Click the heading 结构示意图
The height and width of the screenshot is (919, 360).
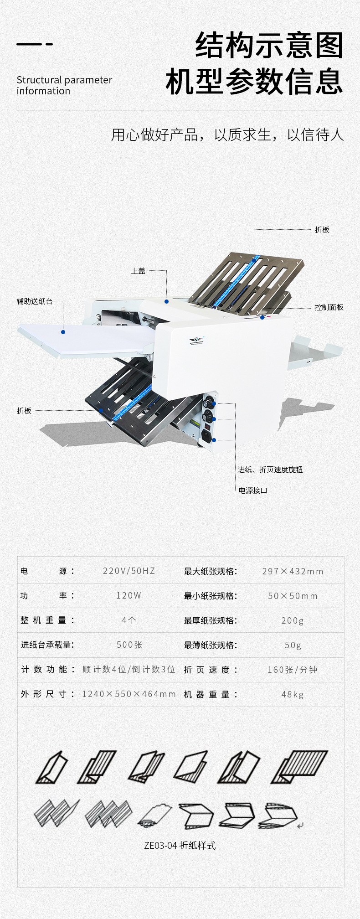point(269,46)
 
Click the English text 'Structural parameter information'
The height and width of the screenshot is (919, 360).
point(64,85)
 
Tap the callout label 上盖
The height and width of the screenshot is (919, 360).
point(138,271)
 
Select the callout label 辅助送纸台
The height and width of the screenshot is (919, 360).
point(35,301)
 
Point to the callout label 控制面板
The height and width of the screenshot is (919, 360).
point(329,307)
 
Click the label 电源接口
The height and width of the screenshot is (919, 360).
point(253,490)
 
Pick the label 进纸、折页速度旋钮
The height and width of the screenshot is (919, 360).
point(270,470)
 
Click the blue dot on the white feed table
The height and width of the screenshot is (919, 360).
point(63,332)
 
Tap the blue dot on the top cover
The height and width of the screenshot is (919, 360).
point(167,301)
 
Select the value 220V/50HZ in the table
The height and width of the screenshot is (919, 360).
point(129,571)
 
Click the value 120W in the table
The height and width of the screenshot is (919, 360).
point(129,596)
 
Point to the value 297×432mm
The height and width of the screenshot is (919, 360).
point(293,571)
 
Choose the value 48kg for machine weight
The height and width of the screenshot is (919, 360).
point(292,694)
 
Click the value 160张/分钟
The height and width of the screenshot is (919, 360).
point(292,670)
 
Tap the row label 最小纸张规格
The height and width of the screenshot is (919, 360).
point(210,596)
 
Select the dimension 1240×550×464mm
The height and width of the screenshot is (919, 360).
point(129,694)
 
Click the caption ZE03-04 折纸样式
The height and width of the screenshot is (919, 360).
point(180,846)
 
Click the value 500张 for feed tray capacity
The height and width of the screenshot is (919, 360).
point(129,645)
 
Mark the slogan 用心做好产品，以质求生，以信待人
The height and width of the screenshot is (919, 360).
point(227,135)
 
